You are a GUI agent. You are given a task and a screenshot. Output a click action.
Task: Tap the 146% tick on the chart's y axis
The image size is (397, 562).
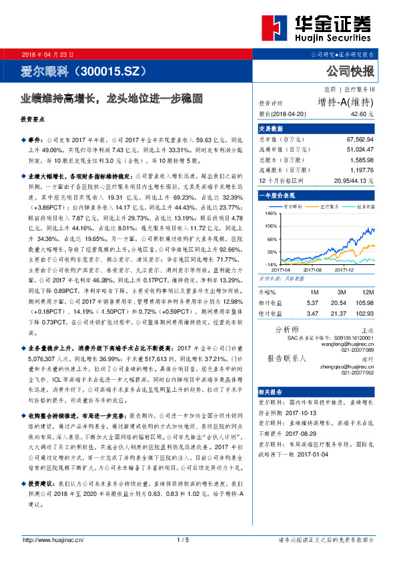pos(270,214)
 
